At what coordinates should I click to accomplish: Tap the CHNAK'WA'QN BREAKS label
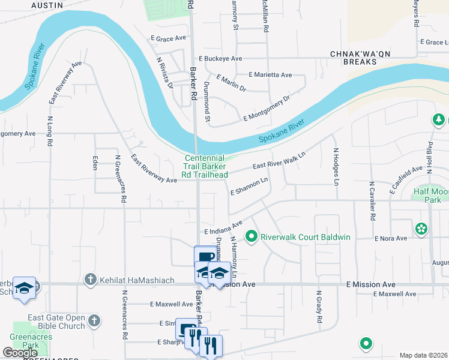coord(357,58)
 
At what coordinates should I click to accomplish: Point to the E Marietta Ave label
coord(270,75)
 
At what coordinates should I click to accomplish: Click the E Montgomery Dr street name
coord(267,109)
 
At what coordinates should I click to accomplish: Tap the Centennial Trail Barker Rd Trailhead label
coord(206,166)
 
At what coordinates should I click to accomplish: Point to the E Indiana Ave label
coord(223,227)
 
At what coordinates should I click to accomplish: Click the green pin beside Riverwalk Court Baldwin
coord(253,237)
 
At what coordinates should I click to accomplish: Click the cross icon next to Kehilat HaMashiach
coord(90,278)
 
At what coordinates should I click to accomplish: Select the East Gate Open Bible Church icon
coord(93,321)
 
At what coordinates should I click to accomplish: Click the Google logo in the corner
coord(20,353)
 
